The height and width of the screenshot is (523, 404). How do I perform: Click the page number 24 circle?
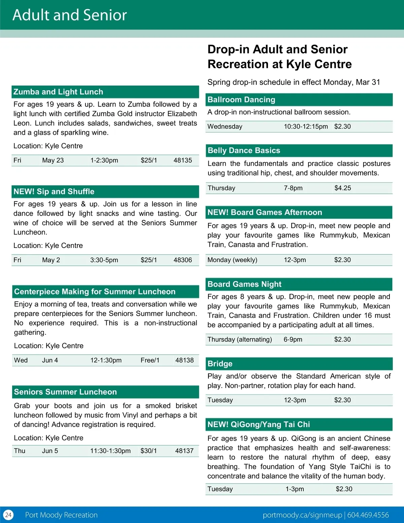click(8, 515)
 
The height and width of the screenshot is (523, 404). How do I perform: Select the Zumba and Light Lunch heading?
click(58, 92)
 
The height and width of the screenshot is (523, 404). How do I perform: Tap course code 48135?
click(182, 160)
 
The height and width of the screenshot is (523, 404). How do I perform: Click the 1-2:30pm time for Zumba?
click(104, 160)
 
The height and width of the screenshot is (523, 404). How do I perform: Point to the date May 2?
click(51, 260)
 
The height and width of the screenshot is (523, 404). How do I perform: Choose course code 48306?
click(182, 260)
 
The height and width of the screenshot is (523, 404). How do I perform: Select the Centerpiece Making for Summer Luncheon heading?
click(95, 292)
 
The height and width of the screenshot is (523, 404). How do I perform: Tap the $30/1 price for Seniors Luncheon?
click(148, 451)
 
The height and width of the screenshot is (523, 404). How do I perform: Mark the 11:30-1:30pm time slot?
click(110, 451)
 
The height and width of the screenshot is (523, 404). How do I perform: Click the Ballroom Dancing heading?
click(241, 100)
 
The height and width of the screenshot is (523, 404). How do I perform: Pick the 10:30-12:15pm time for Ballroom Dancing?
click(306, 127)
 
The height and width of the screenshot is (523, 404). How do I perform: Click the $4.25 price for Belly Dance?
click(342, 188)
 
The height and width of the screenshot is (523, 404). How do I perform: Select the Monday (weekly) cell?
click(232, 260)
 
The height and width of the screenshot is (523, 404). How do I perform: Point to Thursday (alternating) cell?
click(240, 339)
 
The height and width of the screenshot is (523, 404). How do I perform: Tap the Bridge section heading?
click(220, 364)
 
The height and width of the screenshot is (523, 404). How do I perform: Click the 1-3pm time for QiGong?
click(295, 489)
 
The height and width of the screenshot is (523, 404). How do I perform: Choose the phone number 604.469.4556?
click(368, 515)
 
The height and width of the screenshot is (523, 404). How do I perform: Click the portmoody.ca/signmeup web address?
click(302, 515)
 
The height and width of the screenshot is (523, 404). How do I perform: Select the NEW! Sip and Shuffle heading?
click(54, 192)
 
